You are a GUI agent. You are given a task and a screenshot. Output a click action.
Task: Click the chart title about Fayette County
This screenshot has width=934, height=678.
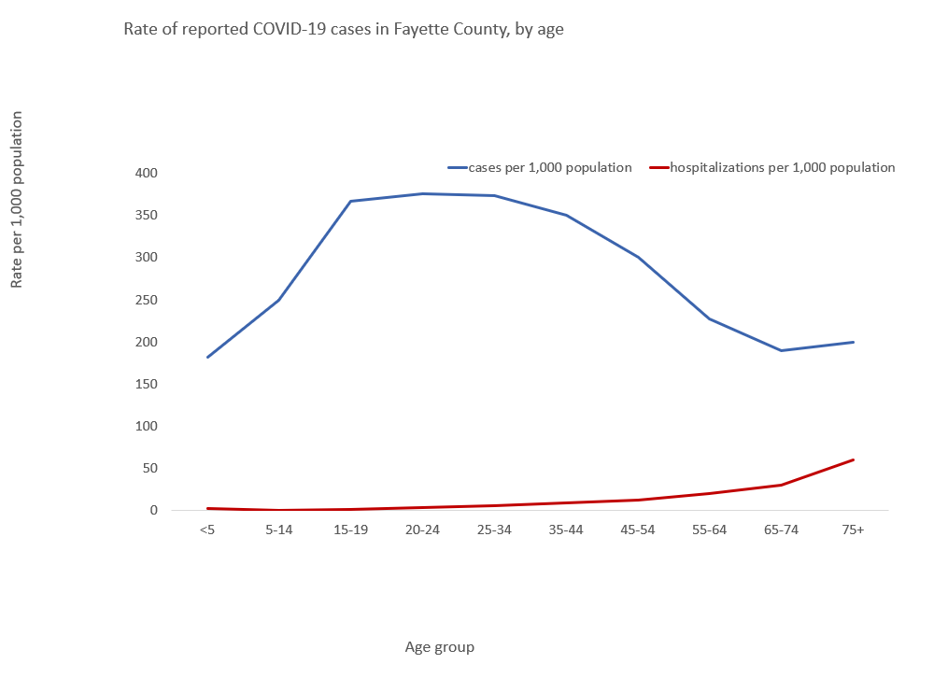pyautogui.click(x=344, y=30)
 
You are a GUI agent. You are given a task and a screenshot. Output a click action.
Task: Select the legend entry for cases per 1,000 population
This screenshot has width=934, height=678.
pyautogui.click(x=540, y=168)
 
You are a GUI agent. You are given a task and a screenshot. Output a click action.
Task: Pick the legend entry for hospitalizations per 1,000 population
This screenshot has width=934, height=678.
pyautogui.click(x=772, y=168)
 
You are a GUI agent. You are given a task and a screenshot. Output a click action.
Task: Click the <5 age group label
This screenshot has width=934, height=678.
pyautogui.click(x=207, y=530)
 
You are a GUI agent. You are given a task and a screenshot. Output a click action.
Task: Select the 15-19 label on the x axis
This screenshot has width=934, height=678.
pyautogui.click(x=350, y=530)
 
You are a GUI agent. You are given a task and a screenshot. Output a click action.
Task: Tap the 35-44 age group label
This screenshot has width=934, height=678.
pyautogui.click(x=566, y=530)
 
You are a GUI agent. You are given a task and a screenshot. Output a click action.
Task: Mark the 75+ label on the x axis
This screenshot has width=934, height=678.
pyautogui.click(x=853, y=530)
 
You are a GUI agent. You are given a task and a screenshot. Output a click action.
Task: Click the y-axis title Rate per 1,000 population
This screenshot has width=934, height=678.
pyautogui.click(x=18, y=200)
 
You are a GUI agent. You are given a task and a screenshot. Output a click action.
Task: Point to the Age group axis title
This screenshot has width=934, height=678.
pyautogui.click(x=439, y=647)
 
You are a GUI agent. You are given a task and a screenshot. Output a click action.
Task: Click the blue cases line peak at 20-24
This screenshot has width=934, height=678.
pyautogui.click(x=422, y=193)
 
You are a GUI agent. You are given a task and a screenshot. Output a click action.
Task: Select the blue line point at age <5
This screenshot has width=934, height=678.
pyautogui.click(x=207, y=357)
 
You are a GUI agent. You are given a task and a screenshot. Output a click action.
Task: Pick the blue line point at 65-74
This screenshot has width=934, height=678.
pyautogui.click(x=781, y=350)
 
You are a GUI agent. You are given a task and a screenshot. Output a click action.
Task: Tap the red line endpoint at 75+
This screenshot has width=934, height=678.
pyautogui.click(x=853, y=459)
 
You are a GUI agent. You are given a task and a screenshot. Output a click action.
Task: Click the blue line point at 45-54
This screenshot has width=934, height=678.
pyautogui.click(x=638, y=257)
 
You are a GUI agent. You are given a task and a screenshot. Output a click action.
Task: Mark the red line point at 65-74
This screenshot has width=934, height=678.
pyautogui.click(x=781, y=485)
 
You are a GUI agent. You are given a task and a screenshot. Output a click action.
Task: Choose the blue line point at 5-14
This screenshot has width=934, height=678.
pyautogui.click(x=278, y=300)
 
